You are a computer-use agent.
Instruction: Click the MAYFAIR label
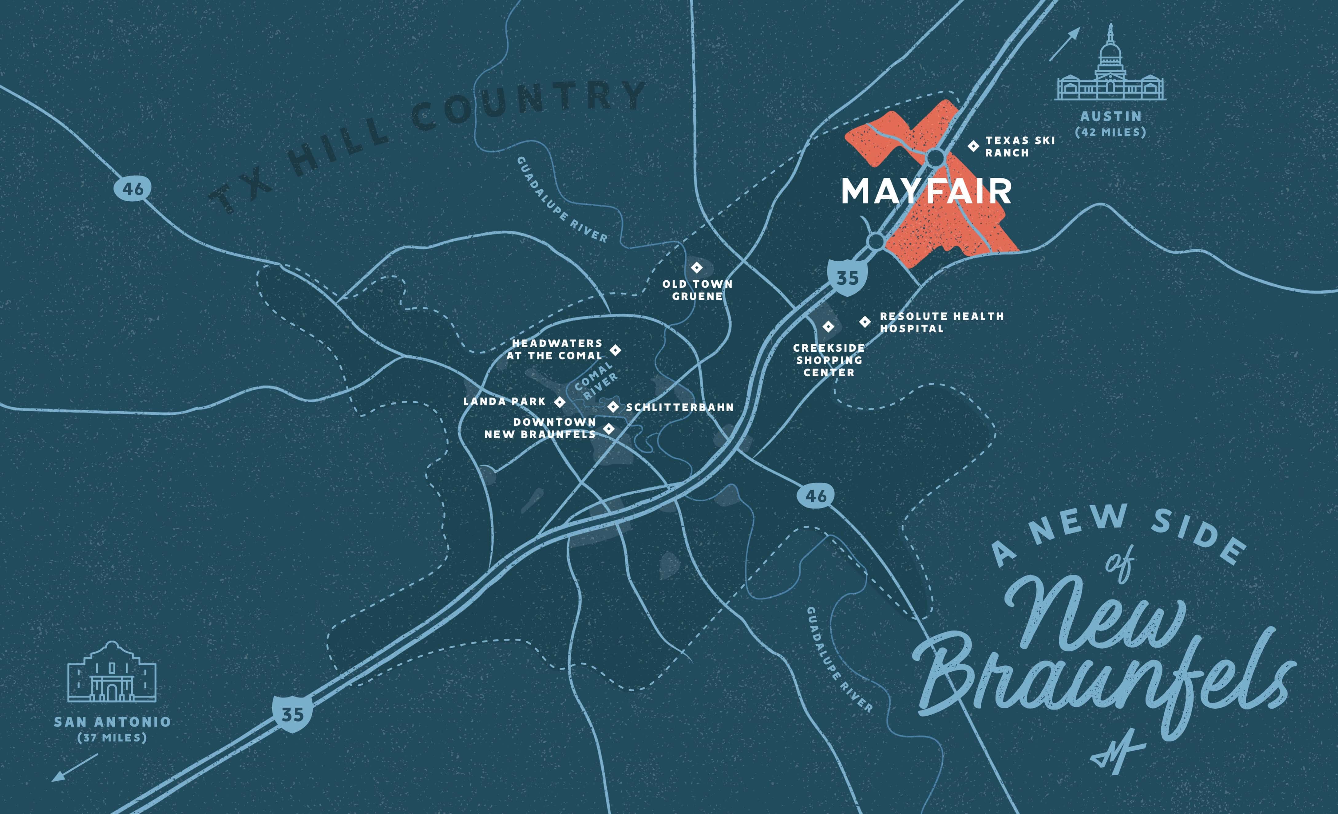tap(926, 192)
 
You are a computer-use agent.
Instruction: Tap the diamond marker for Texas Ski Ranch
tap(974, 146)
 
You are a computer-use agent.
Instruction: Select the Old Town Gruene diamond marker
tap(697, 268)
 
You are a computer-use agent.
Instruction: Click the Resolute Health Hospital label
tap(942, 322)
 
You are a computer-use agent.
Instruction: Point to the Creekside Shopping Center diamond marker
tap(828, 326)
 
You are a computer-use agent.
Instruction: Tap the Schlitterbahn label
tap(680, 407)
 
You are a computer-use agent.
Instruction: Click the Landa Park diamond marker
tap(559, 402)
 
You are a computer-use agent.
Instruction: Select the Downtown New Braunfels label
tap(540, 428)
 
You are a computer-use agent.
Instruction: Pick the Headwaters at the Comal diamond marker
tap(615, 350)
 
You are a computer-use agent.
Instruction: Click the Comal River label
tap(596, 382)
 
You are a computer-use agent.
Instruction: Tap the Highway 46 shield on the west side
tap(133, 189)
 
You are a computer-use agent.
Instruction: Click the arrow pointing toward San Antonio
tap(74, 768)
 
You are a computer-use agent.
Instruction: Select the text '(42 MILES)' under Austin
tap(1110, 132)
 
